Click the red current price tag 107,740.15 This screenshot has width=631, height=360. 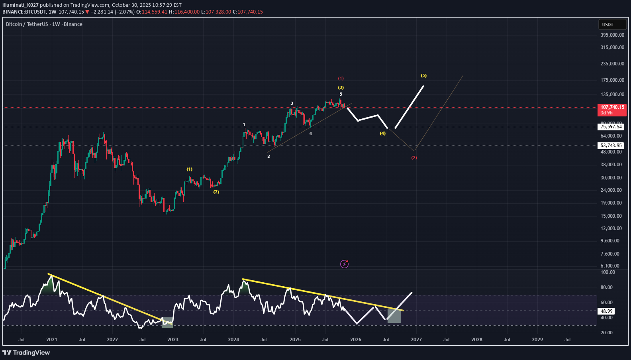pyautogui.click(x=612, y=110)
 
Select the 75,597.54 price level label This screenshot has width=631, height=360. pyautogui.click(x=611, y=127)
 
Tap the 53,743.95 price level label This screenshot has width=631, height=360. pyautogui.click(x=611, y=146)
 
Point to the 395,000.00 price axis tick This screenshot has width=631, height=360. pyautogui.click(x=612, y=35)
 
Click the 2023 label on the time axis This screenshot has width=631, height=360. pyautogui.click(x=173, y=340)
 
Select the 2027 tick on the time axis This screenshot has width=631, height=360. pyautogui.click(x=416, y=340)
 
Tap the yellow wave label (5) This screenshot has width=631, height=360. pyautogui.click(x=423, y=75)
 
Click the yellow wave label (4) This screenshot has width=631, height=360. pyautogui.click(x=382, y=133)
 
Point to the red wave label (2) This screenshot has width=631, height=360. pyautogui.click(x=414, y=157)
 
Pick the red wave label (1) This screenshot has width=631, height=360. pyautogui.click(x=341, y=78)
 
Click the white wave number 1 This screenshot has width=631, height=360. pyautogui.click(x=244, y=124)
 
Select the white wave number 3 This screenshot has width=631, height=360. pyautogui.click(x=292, y=103)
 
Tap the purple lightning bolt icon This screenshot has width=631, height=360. pyautogui.click(x=345, y=264)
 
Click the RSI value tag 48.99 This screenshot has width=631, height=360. pyautogui.click(x=607, y=311)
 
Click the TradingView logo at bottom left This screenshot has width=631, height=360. pyautogui.click(x=26, y=352)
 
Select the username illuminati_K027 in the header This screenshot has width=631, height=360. pyautogui.click(x=20, y=5)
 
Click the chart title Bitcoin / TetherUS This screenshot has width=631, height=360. pyautogui.click(x=27, y=24)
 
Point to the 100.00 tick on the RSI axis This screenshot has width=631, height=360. pyautogui.click(x=608, y=272)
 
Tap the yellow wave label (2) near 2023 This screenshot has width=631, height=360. pyautogui.click(x=216, y=192)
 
